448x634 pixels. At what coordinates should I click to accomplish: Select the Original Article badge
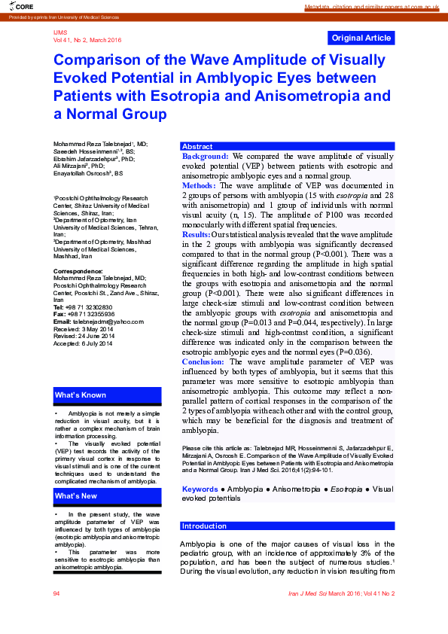pyautogui.click(x=361, y=38)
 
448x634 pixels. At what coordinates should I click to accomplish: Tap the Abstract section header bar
pyautogui.click(x=287, y=146)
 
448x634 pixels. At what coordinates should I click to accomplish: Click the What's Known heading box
pyautogui.click(x=107, y=395)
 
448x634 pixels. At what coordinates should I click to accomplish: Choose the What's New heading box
pyautogui.click(x=107, y=496)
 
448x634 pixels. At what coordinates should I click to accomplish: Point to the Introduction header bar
pyautogui.click(x=287, y=526)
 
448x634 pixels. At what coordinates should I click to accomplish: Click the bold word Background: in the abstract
pyautogui.click(x=206, y=156)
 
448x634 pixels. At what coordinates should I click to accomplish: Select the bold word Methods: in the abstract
pyautogui.click(x=199, y=184)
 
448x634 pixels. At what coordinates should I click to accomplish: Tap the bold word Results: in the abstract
pyautogui.click(x=197, y=235)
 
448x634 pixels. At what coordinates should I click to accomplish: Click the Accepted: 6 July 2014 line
pyautogui.click(x=83, y=343)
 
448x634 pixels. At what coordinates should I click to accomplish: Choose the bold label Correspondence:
pyautogui.click(x=78, y=270)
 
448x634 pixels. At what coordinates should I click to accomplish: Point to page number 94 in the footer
pyautogui.click(x=56, y=593)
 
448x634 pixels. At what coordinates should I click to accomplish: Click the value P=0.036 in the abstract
pyautogui.click(x=346, y=352)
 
